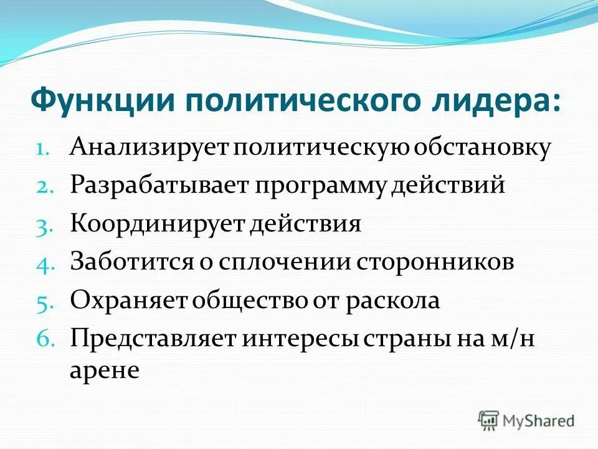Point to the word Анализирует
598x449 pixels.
pos(150,148)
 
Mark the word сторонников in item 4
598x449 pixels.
pos(435,261)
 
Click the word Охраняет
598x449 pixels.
pos(128,299)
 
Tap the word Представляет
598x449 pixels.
pos(153,337)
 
